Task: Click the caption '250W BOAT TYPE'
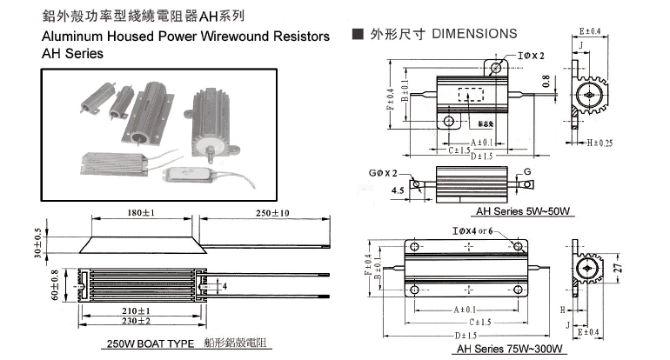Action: (150, 344)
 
